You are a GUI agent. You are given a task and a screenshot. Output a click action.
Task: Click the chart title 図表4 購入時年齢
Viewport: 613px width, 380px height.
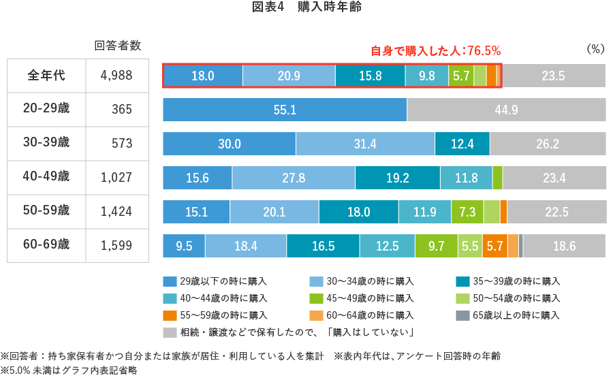click(x=306, y=7)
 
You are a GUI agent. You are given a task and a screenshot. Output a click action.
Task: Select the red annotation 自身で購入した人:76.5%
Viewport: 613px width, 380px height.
click(x=435, y=50)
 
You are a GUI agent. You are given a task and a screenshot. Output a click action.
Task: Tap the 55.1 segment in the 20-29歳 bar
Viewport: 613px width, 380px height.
click(x=285, y=110)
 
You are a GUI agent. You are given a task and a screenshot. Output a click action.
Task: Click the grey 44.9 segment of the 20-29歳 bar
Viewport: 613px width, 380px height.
click(x=506, y=110)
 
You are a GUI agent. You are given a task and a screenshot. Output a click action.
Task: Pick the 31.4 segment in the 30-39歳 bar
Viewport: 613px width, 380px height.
click(x=365, y=144)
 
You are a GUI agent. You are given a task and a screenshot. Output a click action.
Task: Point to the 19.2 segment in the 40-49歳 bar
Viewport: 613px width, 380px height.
click(x=397, y=178)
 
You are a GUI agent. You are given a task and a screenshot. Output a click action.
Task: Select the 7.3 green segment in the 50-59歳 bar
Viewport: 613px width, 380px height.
click(x=467, y=212)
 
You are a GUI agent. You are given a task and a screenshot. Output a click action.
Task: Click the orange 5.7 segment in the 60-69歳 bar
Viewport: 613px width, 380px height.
click(x=494, y=246)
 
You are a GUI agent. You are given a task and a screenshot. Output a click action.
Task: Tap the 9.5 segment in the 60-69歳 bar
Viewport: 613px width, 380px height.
click(x=184, y=246)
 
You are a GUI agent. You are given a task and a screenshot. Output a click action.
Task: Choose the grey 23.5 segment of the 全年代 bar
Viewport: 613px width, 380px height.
click(x=553, y=76)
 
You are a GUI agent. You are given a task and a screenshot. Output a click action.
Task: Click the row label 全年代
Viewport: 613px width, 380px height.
click(x=46, y=76)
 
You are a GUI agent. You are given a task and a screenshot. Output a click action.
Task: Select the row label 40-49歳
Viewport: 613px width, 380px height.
click(x=46, y=176)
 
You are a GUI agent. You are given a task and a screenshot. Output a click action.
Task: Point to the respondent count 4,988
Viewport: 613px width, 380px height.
click(x=116, y=76)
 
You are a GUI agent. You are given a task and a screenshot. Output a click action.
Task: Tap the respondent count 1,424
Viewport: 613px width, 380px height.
click(x=116, y=212)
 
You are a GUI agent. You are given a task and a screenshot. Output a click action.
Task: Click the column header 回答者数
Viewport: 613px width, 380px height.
click(x=117, y=46)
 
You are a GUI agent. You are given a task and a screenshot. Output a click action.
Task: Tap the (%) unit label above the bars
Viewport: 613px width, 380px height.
click(x=595, y=49)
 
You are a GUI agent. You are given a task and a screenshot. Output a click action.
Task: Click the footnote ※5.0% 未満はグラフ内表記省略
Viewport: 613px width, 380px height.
click(x=69, y=370)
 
